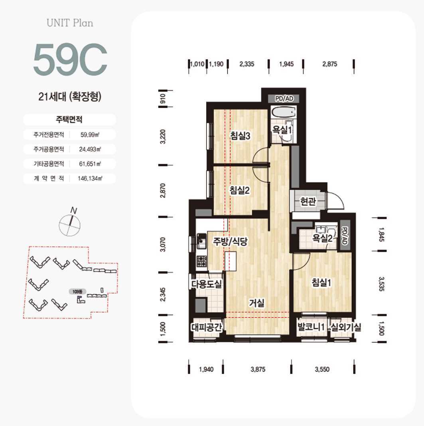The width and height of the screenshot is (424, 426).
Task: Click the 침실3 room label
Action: tap(240, 136)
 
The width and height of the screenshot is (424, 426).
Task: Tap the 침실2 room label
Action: tap(239, 190)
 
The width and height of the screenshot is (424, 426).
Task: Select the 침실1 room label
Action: tap(321, 283)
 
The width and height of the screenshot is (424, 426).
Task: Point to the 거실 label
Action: tap(257, 303)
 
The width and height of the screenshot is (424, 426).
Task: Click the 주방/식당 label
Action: tap(230, 241)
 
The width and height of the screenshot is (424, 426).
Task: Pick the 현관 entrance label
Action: tap(308, 201)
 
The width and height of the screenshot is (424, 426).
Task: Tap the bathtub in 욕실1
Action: tap(283, 112)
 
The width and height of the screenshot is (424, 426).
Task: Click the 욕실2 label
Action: tap(322, 238)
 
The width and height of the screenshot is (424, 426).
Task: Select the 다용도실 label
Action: tap(207, 284)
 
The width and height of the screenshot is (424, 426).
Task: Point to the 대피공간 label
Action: tap(207, 327)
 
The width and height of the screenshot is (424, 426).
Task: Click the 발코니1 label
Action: tap(311, 327)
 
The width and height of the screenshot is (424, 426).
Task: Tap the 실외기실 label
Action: tap(346, 327)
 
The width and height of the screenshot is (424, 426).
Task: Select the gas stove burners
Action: tap(201, 261)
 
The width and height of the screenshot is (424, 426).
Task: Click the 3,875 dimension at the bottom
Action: tap(258, 369)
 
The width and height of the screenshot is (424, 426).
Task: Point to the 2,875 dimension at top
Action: tap(329, 64)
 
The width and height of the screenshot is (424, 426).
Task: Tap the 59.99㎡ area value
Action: tap(90, 135)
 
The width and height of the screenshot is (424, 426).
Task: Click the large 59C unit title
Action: tap(70, 59)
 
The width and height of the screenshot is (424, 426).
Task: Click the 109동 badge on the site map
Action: tap(77, 292)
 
